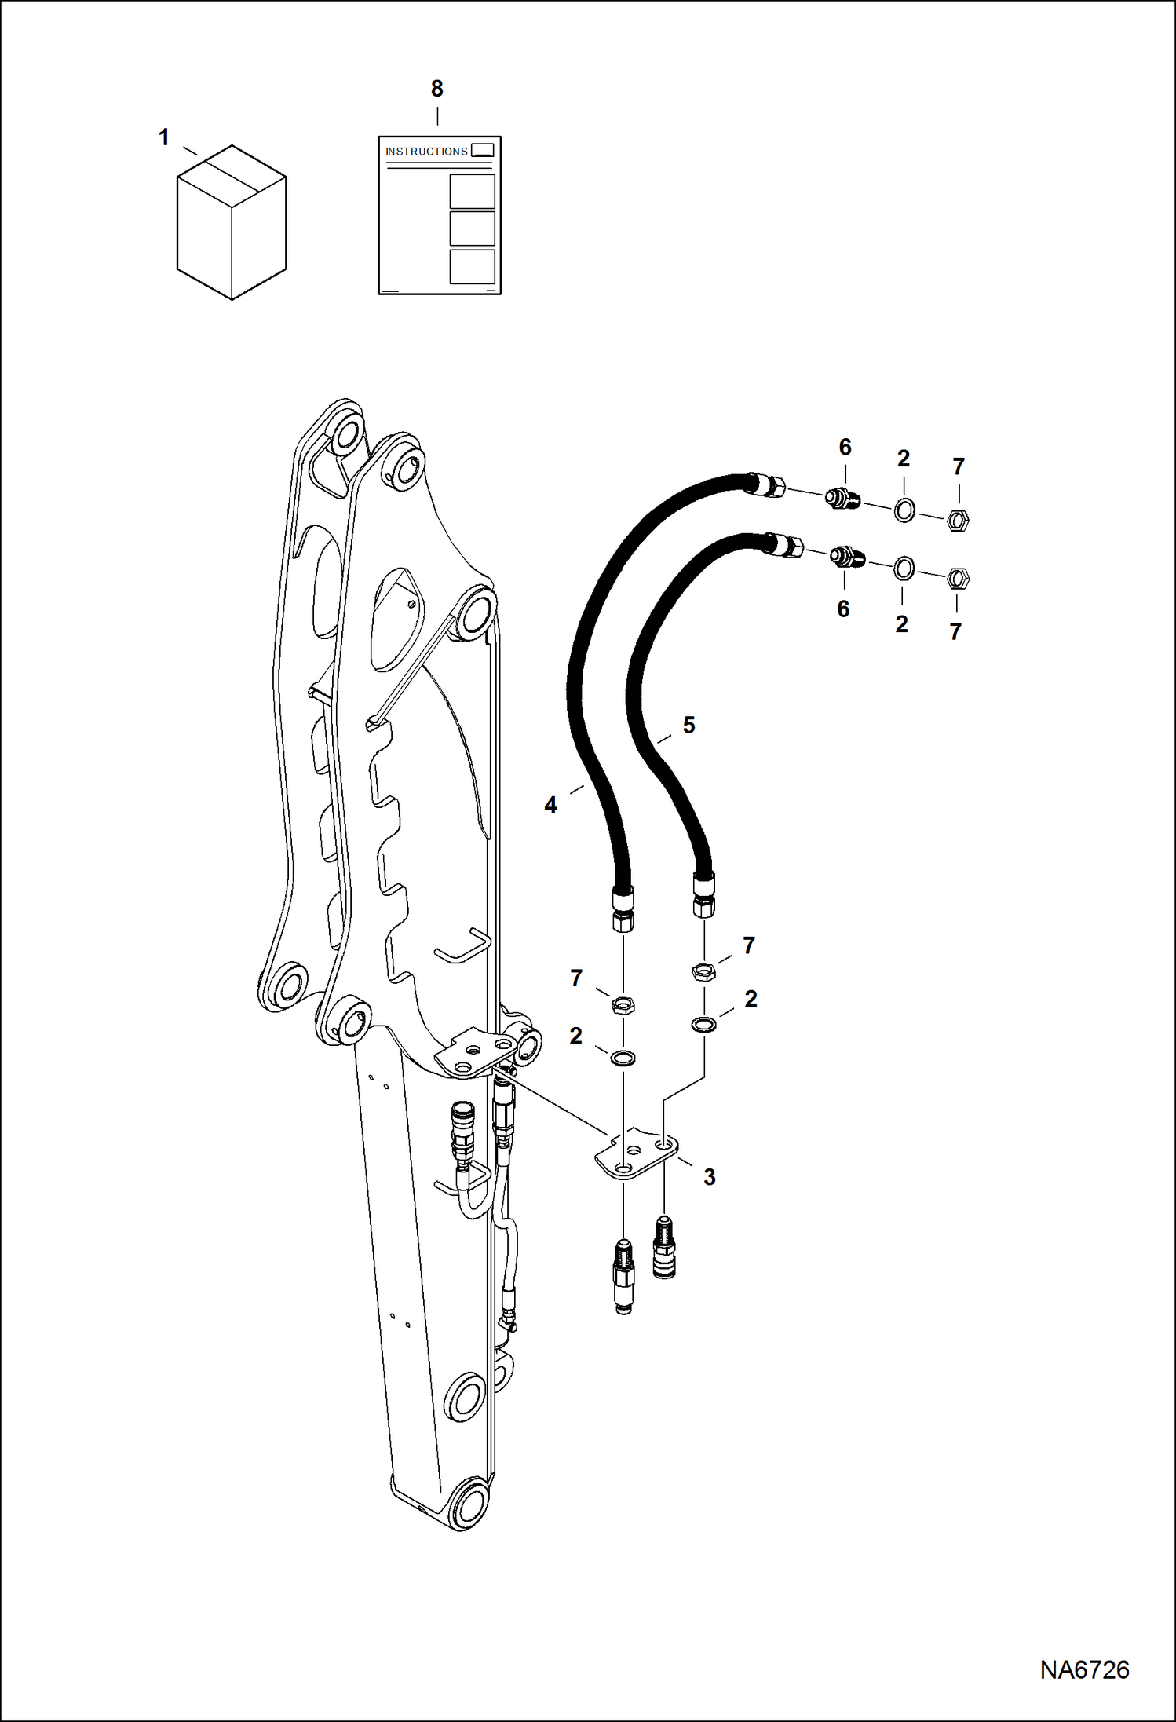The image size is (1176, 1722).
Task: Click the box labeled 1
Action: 232,222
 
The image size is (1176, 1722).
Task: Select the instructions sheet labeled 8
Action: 440,215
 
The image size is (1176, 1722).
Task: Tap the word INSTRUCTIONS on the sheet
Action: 426,152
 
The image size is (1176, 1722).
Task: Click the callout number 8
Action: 437,89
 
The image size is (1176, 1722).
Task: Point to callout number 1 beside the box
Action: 164,137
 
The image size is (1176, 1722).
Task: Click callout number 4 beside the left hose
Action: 551,805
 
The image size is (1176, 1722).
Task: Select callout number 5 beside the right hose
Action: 689,725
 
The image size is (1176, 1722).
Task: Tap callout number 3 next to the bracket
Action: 710,1177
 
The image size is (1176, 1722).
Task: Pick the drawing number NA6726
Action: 1085,1669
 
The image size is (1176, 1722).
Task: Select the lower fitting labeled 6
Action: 848,557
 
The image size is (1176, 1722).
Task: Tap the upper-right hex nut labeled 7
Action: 958,520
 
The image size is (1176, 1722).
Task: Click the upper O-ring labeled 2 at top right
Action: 904,510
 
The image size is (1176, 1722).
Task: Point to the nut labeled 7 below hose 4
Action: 623,1004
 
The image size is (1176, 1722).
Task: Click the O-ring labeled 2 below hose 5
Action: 703,1024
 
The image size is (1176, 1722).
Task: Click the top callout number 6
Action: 845,447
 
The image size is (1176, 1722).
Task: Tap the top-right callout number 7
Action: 959,466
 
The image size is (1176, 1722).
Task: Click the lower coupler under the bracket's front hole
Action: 624,1276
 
